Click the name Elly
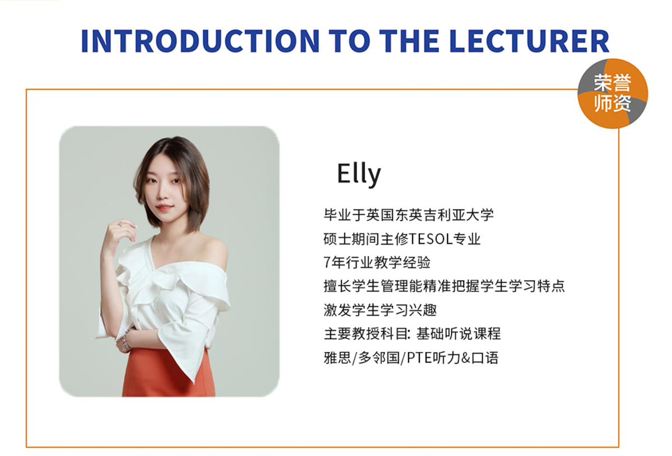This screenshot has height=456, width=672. [358, 174]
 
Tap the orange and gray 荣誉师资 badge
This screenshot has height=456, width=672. [613, 93]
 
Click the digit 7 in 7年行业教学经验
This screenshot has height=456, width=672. [328, 262]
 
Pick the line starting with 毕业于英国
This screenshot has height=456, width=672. [409, 215]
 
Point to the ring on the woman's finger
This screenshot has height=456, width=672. [119, 224]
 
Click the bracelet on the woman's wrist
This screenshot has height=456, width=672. [125, 339]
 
